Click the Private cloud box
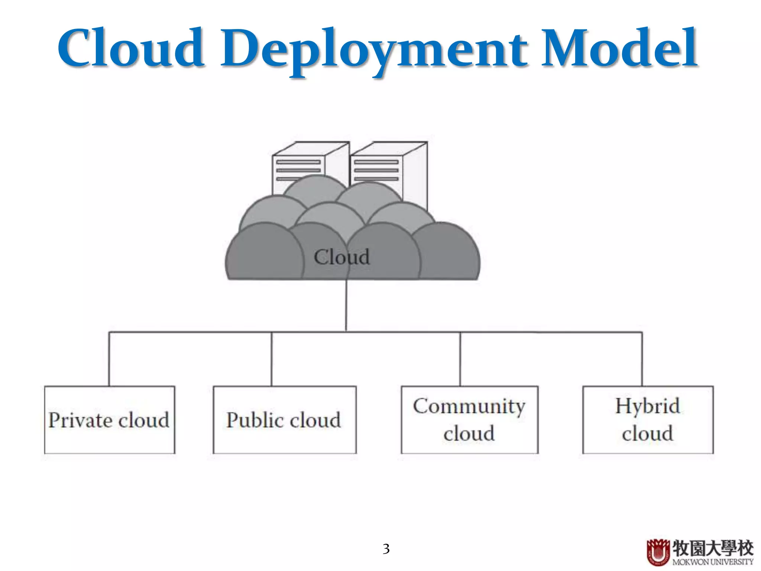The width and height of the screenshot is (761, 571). (x=110, y=420)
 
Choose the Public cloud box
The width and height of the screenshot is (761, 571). (x=284, y=420)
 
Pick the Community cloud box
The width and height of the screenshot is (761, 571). (x=469, y=420)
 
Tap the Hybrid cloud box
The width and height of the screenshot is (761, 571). (x=648, y=420)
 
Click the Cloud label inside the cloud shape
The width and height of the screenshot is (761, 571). (x=341, y=257)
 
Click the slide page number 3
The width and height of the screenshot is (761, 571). (x=386, y=549)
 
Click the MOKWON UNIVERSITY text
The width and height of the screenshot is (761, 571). (x=713, y=562)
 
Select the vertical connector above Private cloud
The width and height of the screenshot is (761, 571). (x=109, y=359)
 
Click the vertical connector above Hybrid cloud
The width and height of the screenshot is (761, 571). (x=642, y=359)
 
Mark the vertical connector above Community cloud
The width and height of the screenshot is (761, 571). (x=460, y=359)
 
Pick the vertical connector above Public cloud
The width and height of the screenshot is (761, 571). (x=272, y=359)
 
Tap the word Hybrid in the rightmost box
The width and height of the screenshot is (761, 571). (x=648, y=406)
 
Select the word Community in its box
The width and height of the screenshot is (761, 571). (x=469, y=406)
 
